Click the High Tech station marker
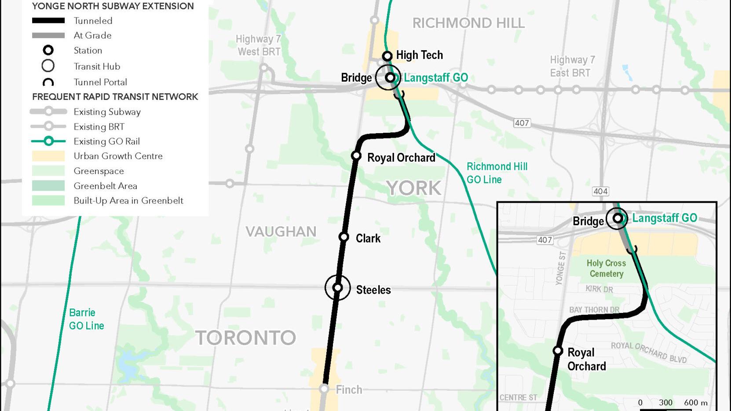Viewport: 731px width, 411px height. point(387,56)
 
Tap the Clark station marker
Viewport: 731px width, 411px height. point(344,237)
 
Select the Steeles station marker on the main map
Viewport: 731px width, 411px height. point(338,288)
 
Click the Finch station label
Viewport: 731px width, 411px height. point(349,389)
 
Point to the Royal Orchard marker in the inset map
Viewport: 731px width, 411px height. point(558,351)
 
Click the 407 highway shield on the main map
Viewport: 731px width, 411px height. point(522,123)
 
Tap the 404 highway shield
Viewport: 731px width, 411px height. point(600,191)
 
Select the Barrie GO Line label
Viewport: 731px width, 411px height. point(86,319)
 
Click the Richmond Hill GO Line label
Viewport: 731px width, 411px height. point(497,173)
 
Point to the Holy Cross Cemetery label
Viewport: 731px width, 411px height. point(606,268)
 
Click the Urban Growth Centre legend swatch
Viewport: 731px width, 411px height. point(48,156)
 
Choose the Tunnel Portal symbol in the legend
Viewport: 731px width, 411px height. point(48,82)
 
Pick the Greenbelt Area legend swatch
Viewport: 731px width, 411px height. point(48,185)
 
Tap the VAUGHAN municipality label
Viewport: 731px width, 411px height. point(281,232)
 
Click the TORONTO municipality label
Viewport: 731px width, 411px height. point(245,338)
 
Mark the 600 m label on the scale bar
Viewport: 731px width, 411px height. point(695,402)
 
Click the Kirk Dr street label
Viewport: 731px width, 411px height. point(599,289)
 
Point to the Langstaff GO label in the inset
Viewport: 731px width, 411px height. point(664,218)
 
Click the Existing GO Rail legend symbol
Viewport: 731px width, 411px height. point(48,141)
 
